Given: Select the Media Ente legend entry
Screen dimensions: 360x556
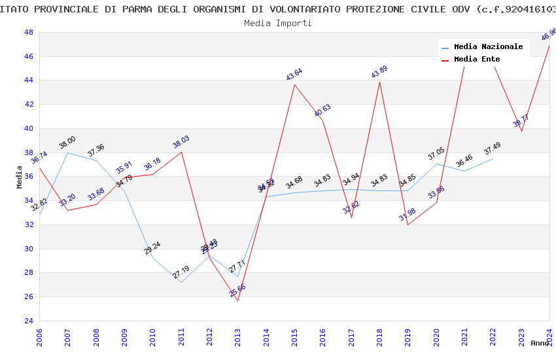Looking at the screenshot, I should pos(477,59).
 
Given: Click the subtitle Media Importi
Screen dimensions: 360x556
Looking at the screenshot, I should pos(278,23).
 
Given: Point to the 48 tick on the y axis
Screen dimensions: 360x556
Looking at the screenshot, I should pos(29,32).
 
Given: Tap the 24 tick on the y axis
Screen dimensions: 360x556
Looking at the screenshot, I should pos(29,321).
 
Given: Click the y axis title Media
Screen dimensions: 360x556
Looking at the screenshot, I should pos(20,177).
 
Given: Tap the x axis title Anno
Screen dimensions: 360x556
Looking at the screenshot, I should pos(540,343).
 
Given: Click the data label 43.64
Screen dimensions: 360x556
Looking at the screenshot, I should pos(294,75).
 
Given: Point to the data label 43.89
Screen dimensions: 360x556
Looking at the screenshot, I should pos(379,72).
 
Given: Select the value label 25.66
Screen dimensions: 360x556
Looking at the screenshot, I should pos(237,291).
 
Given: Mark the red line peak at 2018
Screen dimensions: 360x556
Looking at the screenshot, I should pos(379,82).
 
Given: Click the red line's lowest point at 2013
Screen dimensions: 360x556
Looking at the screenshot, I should pos(237,300).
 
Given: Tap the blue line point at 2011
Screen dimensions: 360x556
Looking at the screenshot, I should pos(181,282).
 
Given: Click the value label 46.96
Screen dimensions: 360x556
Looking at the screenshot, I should pos(549,35).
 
